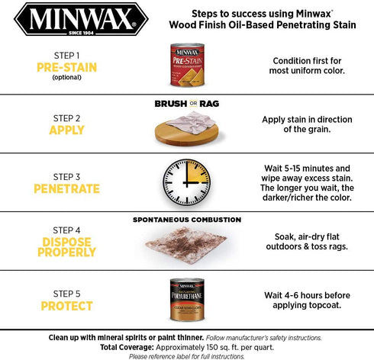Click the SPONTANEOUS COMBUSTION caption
[x=187, y=219]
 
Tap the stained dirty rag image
[x=185, y=246]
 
